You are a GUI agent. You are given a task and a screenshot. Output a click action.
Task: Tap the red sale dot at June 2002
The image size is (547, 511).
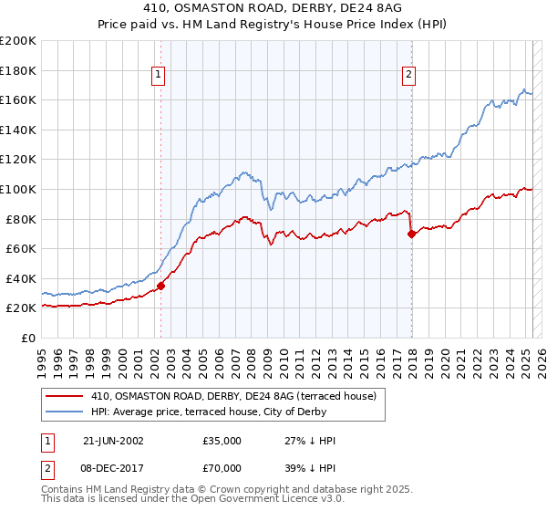coord(160,286)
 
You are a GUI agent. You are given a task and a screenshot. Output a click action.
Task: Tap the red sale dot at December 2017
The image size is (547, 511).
coord(411,234)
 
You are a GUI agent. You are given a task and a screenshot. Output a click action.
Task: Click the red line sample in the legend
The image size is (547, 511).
coord(65,395)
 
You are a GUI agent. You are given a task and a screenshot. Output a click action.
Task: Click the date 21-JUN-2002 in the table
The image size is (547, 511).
coord(113,441)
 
